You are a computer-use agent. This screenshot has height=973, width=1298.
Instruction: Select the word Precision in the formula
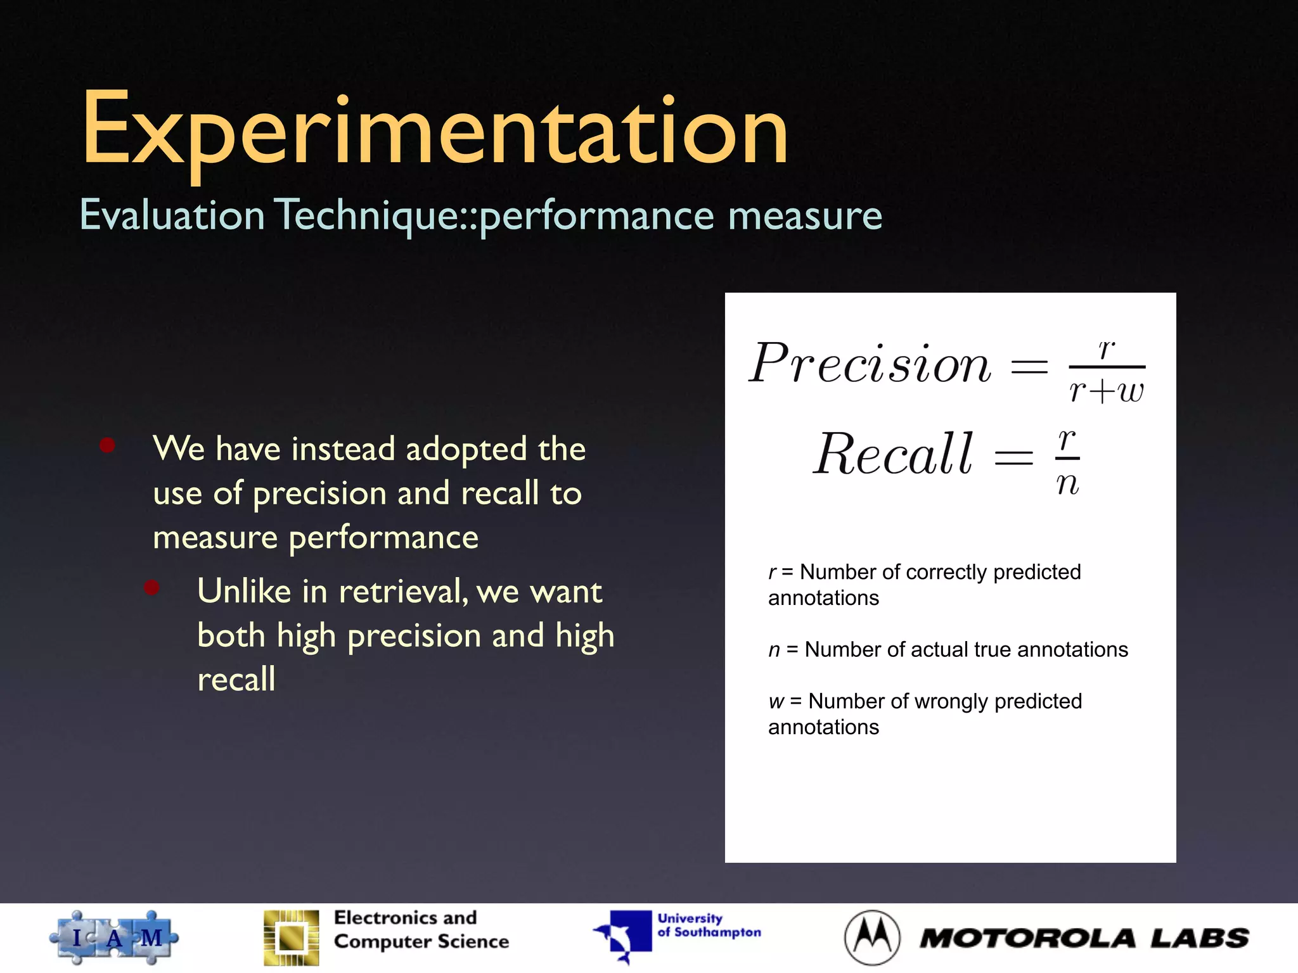click(870, 364)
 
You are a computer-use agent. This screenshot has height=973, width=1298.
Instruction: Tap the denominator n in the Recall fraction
click(1067, 485)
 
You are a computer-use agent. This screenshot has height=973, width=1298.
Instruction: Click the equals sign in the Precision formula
click(1029, 366)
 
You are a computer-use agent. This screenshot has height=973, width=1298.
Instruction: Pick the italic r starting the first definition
click(773, 573)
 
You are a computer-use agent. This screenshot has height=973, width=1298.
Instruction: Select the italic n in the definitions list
click(774, 651)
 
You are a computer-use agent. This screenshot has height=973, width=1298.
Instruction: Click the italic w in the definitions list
click(776, 702)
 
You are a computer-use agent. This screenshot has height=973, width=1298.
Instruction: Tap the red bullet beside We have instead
click(107, 445)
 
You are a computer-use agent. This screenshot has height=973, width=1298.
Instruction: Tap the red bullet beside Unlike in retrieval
click(151, 588)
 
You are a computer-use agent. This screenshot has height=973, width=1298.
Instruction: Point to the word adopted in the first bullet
click(466, 449)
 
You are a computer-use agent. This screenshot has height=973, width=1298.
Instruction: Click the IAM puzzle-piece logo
click(114, 938)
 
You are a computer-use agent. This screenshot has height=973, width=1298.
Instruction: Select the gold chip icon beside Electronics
click(292, 938)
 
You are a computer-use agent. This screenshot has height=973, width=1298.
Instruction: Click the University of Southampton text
click(709, 925)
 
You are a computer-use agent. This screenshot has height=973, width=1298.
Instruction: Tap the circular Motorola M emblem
click(872, 938)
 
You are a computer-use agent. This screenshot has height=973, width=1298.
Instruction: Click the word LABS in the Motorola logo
click(1199, 938)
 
